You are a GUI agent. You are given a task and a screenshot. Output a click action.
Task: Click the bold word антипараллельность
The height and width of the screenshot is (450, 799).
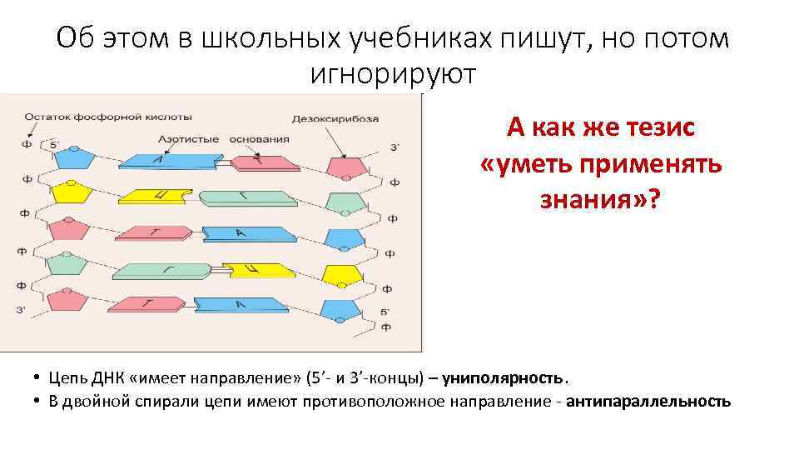tap(648, 402)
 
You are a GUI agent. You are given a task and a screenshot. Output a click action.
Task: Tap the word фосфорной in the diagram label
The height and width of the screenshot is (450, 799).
tap(108, 117)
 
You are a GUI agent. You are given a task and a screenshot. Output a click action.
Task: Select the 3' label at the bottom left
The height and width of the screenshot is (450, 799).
tap(22, 312)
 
